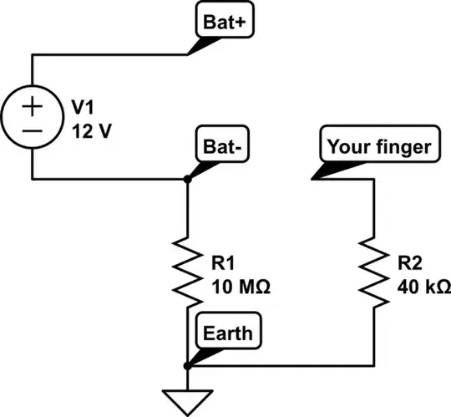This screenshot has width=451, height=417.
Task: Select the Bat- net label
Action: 220,144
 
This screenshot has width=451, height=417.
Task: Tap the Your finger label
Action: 379,146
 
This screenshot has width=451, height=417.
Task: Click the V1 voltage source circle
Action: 32,118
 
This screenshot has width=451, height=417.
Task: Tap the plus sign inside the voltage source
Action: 32,106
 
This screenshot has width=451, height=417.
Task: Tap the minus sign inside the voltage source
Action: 32,131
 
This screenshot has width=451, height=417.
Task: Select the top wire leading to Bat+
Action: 109,55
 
